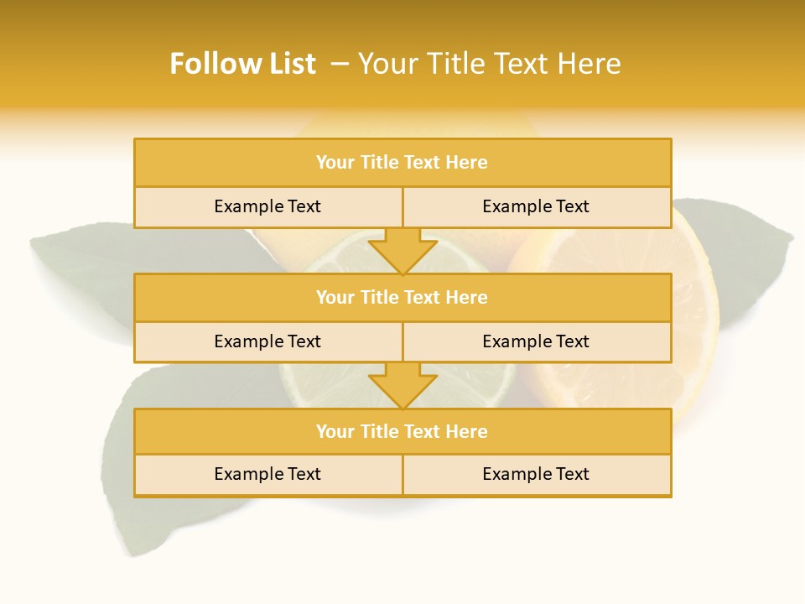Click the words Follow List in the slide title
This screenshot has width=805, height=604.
(242, 64)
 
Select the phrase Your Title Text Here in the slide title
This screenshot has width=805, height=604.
(489, 64)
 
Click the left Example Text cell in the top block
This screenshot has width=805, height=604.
(267, 206)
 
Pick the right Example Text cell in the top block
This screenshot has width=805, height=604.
(536, 206)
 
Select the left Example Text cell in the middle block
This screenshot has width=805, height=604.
(267, 341)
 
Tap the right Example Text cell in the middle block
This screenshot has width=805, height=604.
(536, 341)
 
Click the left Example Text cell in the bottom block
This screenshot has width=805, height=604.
(267, 474)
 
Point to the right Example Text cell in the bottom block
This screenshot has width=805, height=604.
(536, 474)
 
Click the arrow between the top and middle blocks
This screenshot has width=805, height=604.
(402, 250)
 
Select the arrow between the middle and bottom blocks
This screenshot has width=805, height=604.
(402, 385)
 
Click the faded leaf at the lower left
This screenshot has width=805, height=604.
(117, 470)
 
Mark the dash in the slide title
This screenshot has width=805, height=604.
(340, 64)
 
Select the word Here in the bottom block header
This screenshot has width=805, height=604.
(467, 431)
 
